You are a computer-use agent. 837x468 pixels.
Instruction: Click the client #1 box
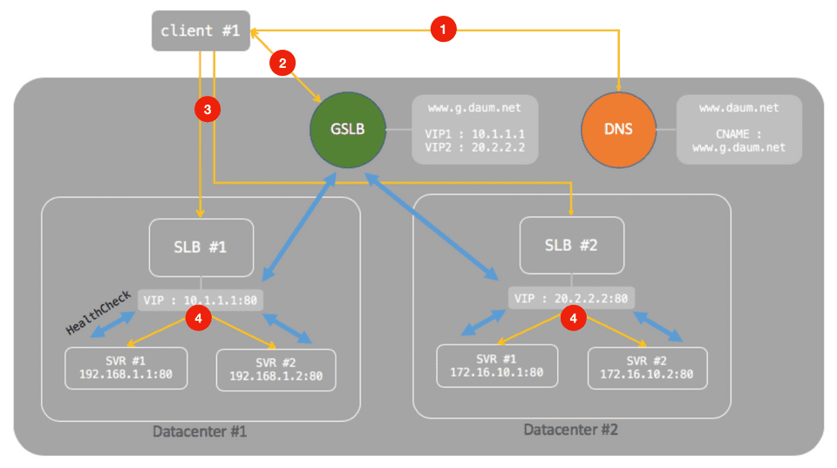(x=201, y=31)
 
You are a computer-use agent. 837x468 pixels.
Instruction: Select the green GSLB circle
(x=348, y=130)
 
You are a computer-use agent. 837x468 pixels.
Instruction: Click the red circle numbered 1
(x=444, y=30)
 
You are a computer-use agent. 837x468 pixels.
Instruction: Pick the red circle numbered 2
(x=282, y=62)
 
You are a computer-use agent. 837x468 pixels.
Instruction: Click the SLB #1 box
(x=201, y=248)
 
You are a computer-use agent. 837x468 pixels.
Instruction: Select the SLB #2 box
(x=571, y=245)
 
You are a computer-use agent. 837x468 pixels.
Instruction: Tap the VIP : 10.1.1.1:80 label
(x=201, y=300)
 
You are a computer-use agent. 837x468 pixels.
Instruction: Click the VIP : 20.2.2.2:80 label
(x=571, y=298)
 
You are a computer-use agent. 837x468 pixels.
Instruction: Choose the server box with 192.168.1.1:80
(x=126, y=368)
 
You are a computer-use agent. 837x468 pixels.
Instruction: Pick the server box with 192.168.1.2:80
(x=276, y=370)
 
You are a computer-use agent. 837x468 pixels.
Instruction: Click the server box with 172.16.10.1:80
(x=497, y=365)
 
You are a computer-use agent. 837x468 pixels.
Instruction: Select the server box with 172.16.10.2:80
(x=647, y=367)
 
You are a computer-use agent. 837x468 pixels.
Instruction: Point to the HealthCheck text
(x=98, y=315)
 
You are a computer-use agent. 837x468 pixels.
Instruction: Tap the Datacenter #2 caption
(x=571, y=430)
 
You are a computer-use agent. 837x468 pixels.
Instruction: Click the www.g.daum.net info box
(x=474, y=130)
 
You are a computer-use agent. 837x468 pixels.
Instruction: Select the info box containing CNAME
(x=739, y=130)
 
